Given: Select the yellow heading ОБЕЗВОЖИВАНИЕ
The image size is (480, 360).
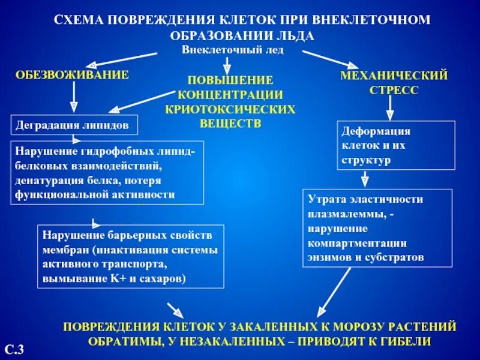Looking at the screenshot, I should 72,74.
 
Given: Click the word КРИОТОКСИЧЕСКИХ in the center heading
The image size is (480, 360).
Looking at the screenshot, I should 230,109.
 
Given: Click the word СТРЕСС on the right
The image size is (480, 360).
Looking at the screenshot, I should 394,90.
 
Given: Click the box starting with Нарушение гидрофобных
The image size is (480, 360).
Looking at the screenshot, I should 107,173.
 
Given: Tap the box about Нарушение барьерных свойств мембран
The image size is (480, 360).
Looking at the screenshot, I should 130,257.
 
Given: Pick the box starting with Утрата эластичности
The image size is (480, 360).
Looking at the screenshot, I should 377,228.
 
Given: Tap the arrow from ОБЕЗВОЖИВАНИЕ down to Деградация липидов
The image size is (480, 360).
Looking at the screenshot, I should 74,95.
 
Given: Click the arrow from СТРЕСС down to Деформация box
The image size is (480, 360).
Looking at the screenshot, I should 389,107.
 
